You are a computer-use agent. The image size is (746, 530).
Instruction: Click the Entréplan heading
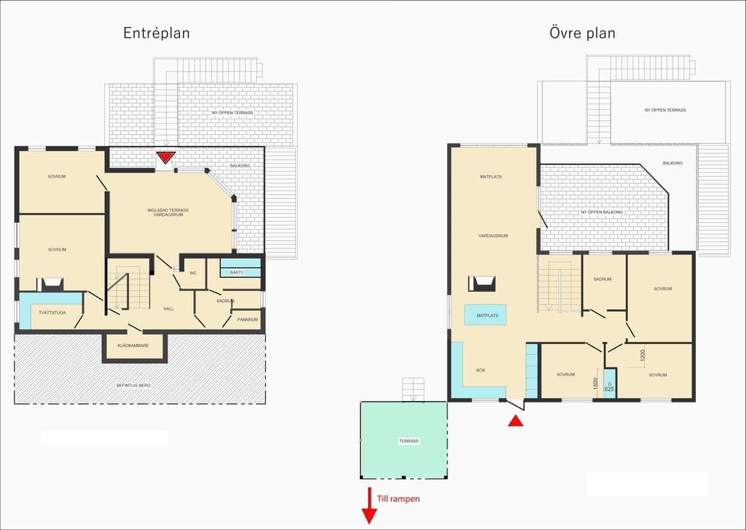[x=157, y=33]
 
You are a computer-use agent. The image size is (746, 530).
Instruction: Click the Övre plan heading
[x=582, y=33]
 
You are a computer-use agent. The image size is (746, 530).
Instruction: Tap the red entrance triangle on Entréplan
[x=167, y=157]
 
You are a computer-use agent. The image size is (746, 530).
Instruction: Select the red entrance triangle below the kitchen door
[x=516, y=421]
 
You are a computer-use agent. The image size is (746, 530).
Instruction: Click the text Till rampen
[x=398, y=499]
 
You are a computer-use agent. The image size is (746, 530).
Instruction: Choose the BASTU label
[x=237, y=273]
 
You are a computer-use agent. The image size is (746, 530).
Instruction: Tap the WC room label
[x=193, y=273]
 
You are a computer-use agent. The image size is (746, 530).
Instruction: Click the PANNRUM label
[x=248, y=319]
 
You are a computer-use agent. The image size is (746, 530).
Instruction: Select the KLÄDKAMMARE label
[x=133, y=346]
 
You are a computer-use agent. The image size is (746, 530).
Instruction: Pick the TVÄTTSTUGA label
[x=52, y=313]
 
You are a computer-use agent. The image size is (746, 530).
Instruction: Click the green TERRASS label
[x=409, y=441]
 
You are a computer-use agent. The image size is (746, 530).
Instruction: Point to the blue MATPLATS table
[x=485, y=315]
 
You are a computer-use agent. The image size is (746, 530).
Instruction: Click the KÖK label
[x=481, y=370]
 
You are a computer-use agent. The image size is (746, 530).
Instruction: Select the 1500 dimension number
[x=596, y=383]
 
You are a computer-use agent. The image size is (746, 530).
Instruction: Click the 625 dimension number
[x=610, y=389]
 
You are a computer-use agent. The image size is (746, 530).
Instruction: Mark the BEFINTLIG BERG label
[x=133, y=385]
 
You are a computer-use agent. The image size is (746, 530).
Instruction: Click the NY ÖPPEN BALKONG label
[x=602, y=212]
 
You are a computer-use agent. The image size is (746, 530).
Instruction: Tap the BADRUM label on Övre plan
[x=602, y=279]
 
